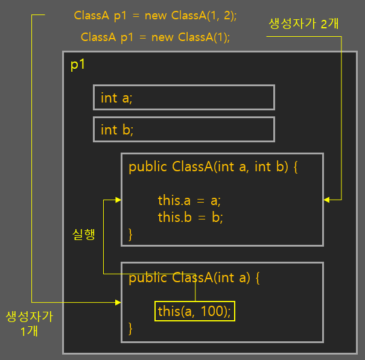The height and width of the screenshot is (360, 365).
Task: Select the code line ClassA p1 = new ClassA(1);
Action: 156,37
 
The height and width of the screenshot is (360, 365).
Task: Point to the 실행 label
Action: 83,235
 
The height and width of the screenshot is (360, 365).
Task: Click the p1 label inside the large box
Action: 78,65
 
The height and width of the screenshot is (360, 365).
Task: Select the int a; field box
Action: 183,98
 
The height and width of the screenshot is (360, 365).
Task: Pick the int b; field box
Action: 183,130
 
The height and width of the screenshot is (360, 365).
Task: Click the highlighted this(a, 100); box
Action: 194,311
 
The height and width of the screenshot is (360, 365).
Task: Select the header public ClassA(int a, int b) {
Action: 213,167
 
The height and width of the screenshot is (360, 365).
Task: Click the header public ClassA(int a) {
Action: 194,278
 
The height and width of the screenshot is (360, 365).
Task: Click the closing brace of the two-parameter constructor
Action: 131,233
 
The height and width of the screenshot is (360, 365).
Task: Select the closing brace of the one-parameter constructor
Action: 131,329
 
